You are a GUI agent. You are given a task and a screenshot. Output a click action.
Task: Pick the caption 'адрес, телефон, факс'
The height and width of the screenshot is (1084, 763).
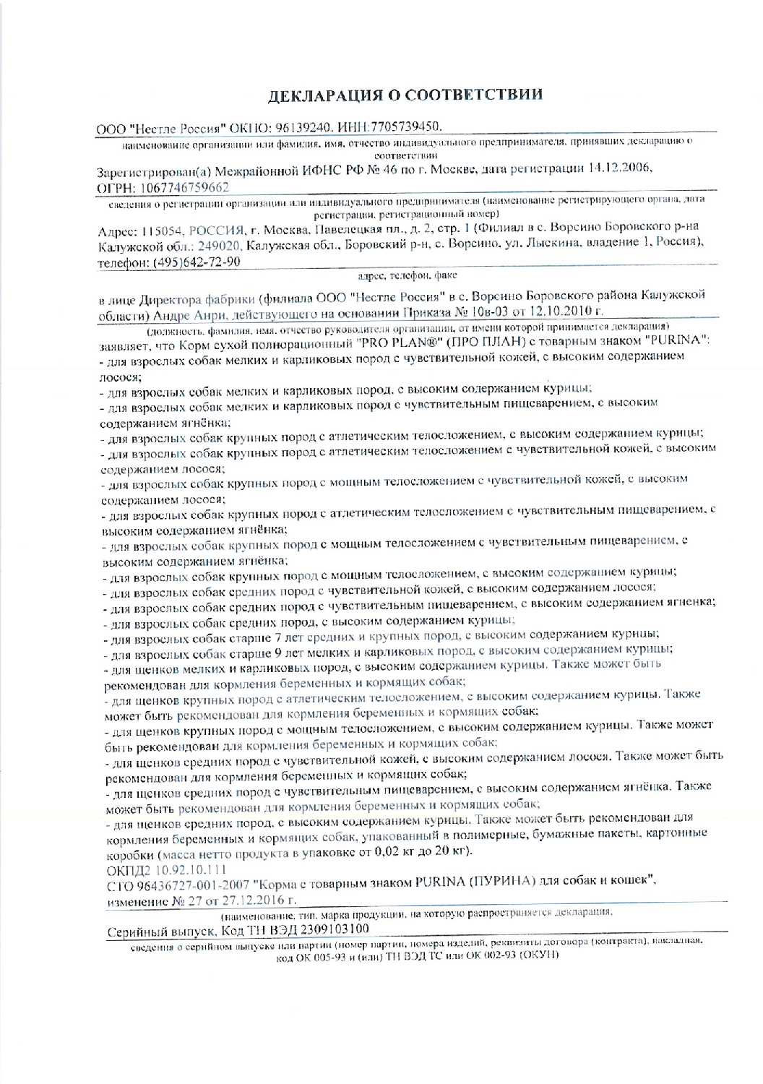pos(408,276)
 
